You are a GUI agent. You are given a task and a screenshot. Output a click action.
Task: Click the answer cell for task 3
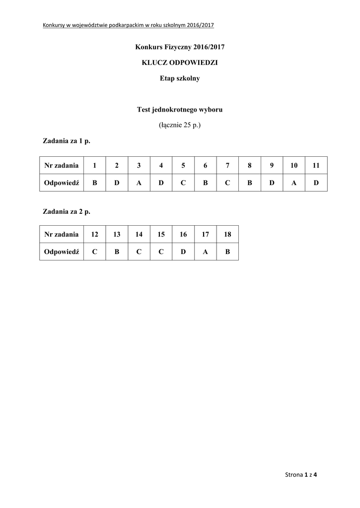(x=139, y=183)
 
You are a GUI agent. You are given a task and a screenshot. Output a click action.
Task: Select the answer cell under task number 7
(x=227, y=183)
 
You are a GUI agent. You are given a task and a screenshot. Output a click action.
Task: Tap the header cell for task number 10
(x=294, y=165)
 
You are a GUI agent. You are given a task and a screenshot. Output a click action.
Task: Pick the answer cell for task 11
(x=316, y=183)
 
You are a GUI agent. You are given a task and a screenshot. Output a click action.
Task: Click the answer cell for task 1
(x=94, y=183)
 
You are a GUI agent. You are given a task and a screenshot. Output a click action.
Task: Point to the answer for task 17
(x=205, y=252)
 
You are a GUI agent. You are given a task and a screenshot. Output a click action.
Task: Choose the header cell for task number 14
(x=139, y=234)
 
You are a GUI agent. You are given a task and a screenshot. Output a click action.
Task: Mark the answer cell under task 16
(x=183, y=252)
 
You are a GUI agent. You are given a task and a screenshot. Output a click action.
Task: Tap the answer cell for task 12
(x=94, y=252)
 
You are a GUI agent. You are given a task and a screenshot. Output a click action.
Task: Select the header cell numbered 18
(x=227, y=234)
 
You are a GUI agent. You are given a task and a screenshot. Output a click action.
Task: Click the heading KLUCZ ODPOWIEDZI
(x=180, y=63)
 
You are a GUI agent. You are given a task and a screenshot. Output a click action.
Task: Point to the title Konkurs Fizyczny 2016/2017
(x=180, y=47)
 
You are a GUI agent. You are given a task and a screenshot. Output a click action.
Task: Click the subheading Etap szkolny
(x=180, y=78)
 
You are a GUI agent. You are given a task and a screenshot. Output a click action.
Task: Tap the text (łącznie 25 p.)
(x=180, y=126)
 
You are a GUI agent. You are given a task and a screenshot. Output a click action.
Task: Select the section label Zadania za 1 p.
(x=66, y=141)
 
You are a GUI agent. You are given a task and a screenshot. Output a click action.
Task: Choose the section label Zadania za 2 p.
(x=66, y=211)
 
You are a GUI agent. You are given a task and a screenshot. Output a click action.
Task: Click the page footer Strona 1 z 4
(x=301, y=475)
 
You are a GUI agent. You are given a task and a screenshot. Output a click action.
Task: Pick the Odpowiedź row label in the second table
(x=62, y=252)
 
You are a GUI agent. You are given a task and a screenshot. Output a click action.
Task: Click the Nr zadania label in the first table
(x=62, y=165)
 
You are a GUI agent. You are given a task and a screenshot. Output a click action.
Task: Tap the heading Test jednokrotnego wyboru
(x=180, y=110)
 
